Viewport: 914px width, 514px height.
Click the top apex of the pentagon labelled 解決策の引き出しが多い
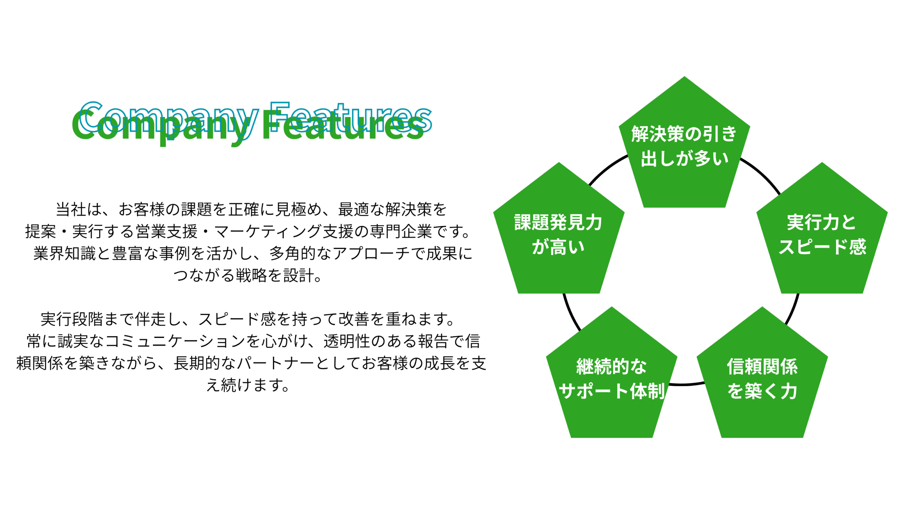click(x=684, y=76)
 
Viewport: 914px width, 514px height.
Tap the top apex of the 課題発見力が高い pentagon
click(x=559, y=163)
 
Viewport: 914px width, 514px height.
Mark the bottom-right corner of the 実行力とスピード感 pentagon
click(x=863, y=293)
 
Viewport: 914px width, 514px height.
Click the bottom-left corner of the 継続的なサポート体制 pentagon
click(x=571, y=437)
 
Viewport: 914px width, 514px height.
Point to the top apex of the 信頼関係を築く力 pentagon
click(x=762, y=307)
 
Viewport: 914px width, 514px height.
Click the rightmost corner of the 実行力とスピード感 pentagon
click(x=888, y=212)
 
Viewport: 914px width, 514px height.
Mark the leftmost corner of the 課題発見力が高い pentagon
click(x=493, y=212)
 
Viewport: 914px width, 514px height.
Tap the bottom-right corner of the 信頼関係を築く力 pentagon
click(x=803, y=437)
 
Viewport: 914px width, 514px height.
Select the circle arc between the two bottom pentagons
click(x=687, y=384)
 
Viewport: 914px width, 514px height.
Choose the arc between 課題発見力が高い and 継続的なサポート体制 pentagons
click(x=570, y=313)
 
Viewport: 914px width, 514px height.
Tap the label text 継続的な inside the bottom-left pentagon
click(x=611, y=366)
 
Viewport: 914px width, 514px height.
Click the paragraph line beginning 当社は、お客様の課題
click(x=251, y=209)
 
